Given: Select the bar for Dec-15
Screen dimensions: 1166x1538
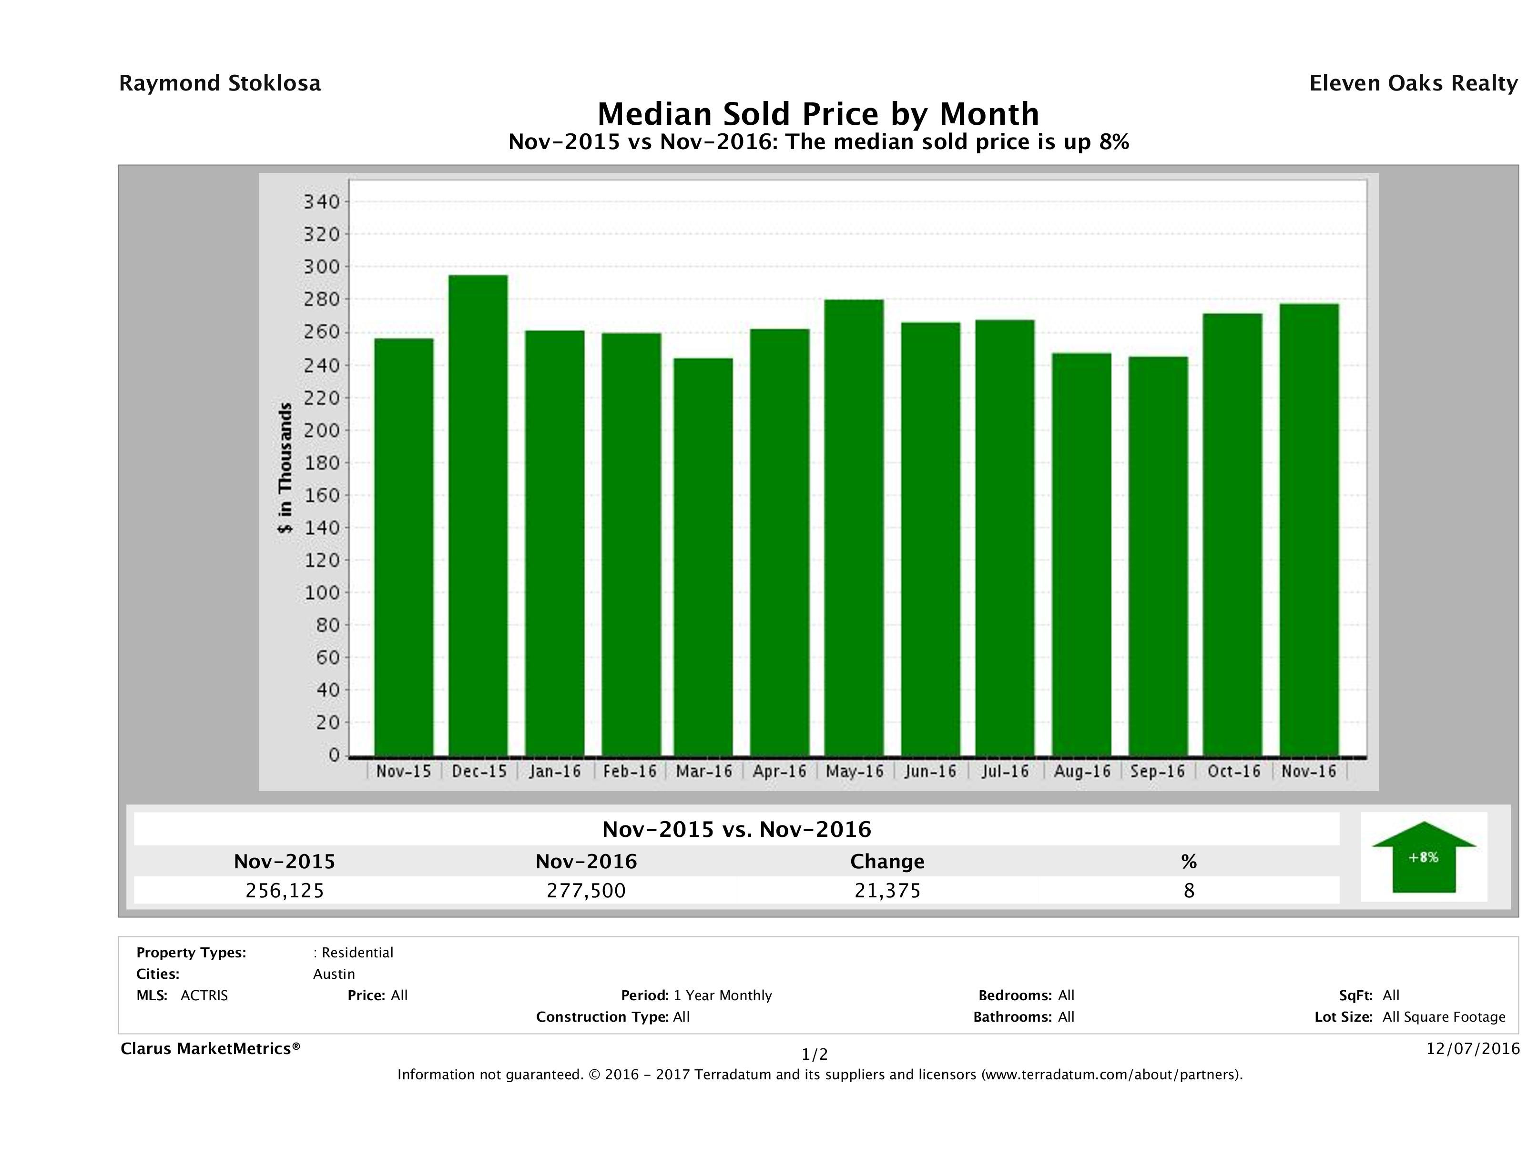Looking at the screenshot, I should pos(478,515).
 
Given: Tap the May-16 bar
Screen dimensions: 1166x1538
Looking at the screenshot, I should pos(854,528).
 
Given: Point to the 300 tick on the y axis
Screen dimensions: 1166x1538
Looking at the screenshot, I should pos(321,267).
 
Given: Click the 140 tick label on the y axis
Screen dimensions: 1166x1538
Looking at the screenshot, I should pos(321,527).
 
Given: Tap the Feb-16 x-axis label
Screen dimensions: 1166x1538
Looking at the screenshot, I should pos(629,771).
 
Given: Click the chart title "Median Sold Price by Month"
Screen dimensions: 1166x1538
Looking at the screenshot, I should pos(818,113).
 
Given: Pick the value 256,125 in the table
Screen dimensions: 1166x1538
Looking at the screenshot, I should pos(285,890).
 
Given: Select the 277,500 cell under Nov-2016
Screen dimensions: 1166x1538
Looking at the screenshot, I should pos(586,890).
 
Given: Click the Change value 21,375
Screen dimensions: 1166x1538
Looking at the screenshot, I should pos(887,890).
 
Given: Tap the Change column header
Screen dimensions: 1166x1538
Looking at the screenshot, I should pos(887,862).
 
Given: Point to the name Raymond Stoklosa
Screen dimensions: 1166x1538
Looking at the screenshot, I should pos(220,83).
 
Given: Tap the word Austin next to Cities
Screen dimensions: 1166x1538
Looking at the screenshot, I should pos(334,974).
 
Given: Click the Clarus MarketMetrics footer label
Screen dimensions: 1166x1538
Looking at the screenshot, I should pos(210,1048).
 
